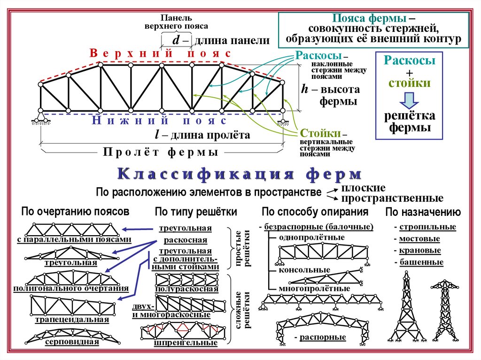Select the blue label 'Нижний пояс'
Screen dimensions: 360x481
[159, 121]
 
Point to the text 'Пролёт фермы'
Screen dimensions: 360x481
[160, 152]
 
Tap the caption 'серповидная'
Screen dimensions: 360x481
[72, 341]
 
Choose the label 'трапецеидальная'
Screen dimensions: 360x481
[72, 320]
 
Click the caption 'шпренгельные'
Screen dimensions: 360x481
[186, 343]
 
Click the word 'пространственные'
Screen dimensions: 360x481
[392, 198]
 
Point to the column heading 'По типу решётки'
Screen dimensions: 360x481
[196, 212]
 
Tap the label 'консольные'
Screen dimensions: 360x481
[304, 270]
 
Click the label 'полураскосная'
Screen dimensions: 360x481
[186, 289]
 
